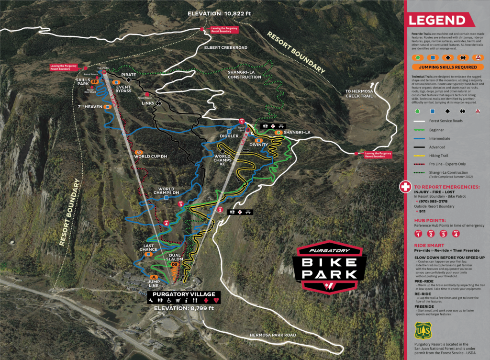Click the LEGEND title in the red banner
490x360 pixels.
[x=436, y=21]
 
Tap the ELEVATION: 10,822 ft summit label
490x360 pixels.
[x=219, y=13]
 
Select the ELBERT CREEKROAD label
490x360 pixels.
[x=226, y=48]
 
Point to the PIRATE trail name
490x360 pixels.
[x=129, y=75]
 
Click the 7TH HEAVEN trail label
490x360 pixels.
[x=90, y=106]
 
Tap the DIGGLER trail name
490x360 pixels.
[x=230, y=136]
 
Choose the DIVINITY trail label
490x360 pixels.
[x=258, y=145]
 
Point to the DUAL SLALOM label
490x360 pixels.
[x=175, y=258]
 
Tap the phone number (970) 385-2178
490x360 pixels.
[x=433, y=202]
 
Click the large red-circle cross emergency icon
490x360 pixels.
[x=405, y=186]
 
